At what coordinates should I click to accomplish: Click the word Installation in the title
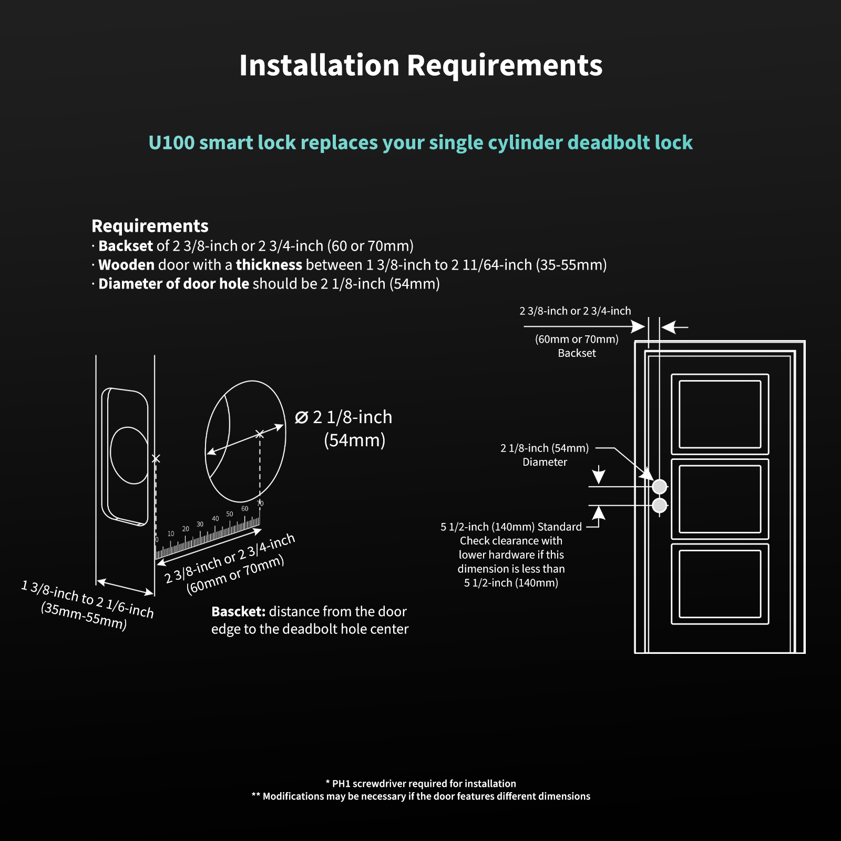tap(319, 66)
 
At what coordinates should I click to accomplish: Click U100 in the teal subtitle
tap(171, 143)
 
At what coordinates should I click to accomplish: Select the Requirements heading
tap(150, 226)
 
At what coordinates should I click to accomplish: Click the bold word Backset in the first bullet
tap(126, 246)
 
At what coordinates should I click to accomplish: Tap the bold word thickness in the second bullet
tap(269, 265)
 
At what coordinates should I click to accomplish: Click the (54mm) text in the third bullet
tap(414, 284)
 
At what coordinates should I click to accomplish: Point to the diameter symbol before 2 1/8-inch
tap(301, 418)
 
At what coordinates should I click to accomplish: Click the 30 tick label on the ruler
tap(200, 524)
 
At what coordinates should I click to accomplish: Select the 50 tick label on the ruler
tap(230, 514)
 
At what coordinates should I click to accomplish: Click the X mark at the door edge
tap(156, 459)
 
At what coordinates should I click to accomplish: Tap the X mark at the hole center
tap(260, 434)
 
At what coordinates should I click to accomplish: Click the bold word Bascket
tap(238, 612)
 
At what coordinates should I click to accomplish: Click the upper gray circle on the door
tap(660, 487)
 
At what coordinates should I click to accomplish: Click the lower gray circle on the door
tap(660, 506)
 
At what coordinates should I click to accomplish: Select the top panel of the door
tap(720, 414)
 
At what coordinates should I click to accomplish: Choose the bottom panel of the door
tap(720, 584)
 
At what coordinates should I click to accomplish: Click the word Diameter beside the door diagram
tap(545, 462)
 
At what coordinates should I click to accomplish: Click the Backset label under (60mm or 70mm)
tap(577, 353)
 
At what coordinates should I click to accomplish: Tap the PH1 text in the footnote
tap(342, 784)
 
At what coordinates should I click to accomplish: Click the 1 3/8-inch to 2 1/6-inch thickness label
tap(87, 599)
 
